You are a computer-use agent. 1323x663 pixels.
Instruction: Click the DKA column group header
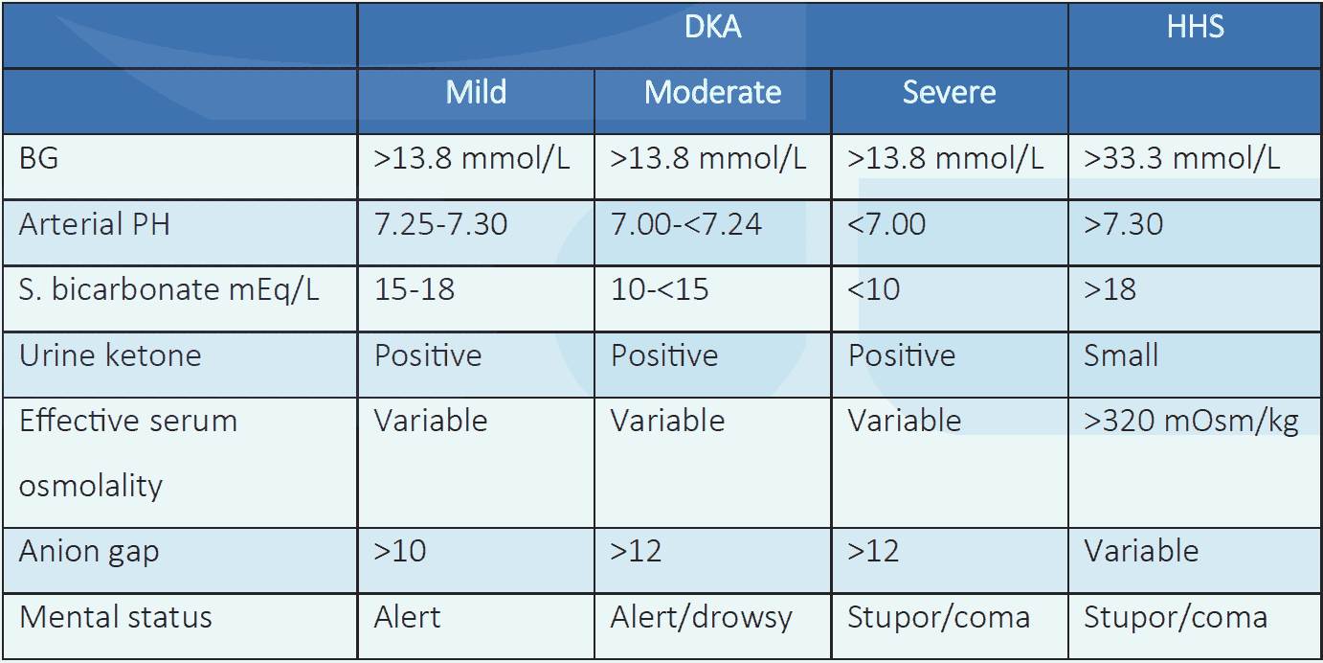(x=713, y=28)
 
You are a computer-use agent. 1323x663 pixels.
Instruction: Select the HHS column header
(x=1195, y=28)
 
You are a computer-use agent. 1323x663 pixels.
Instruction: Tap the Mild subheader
(x=476, y=93)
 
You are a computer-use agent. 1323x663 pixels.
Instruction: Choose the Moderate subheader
(x=713, y=93)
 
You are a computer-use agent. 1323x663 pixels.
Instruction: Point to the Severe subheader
(x=949, y=93)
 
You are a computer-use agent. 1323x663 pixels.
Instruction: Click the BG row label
(x=39, y=158)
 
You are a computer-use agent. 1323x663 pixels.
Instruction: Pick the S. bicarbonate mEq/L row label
(x=169, y=289)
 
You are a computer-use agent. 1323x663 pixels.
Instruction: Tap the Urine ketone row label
(x=110, y=355)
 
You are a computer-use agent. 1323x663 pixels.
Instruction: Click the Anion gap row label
(x=89, y=552)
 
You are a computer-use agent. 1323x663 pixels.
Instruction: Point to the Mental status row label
(x=115, y=617)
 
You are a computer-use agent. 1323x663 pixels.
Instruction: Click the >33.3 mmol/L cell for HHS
(x=1181, y=158)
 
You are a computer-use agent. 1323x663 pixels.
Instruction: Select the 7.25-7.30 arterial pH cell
(x=440, y=224)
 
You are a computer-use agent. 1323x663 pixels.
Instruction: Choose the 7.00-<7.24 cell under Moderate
(x=686, y=224)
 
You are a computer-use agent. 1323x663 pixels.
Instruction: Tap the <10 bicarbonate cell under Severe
(x=874, y=289)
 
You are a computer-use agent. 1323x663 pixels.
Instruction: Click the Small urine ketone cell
(x=1121, y=355)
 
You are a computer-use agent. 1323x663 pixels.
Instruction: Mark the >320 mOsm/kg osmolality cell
(x=1191, y=422)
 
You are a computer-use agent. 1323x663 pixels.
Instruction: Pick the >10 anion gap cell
(x=400, y=552)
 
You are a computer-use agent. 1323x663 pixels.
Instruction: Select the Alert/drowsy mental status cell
(x=702, y=617)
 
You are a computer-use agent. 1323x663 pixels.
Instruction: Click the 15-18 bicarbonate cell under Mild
(x=415, y=289)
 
